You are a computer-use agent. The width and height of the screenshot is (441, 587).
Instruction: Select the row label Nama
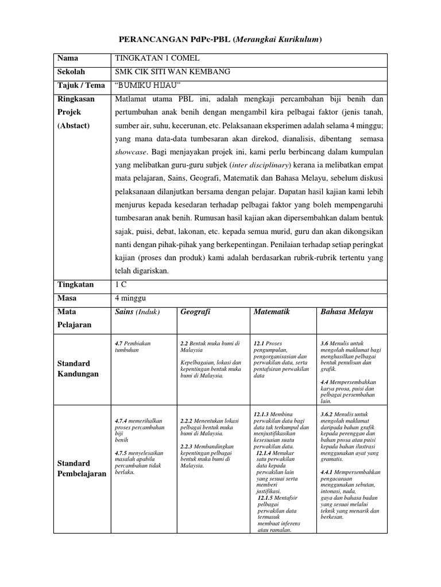tap(67, 58)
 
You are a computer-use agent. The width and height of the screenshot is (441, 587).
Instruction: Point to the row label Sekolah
tap(71, 72)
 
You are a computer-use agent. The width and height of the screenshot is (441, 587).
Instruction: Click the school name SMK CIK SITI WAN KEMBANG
tap(165, 72)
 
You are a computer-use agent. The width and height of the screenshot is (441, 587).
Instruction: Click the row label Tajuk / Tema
tap(81, 85)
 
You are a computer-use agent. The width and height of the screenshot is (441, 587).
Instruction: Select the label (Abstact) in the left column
tap(73, 126)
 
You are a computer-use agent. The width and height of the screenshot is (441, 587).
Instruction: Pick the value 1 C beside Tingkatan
tap(121, 284)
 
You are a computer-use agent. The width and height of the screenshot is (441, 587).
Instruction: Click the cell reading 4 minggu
tap(130, 298)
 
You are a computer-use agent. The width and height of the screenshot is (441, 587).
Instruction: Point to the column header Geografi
tap(195, 312)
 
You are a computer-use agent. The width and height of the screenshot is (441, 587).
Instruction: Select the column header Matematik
tap(272, 312)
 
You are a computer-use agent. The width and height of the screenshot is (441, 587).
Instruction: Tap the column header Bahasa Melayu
tap(347, 312)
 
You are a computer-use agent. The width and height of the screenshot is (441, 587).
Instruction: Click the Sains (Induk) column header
tap(137, 312)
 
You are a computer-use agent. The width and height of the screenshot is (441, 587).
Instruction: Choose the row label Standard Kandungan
tap(78, 369)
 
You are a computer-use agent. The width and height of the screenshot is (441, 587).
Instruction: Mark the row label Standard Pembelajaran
tap(82, 468)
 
